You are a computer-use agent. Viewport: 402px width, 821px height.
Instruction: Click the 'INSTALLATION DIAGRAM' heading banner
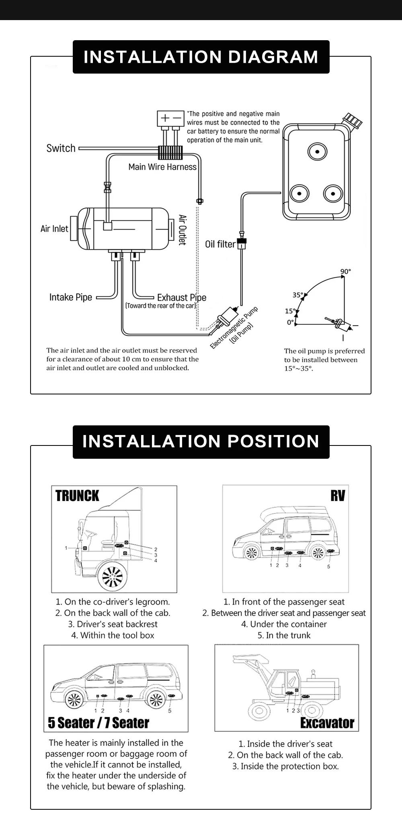[201, 57]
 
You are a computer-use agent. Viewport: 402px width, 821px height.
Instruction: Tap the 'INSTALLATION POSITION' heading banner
[201, 441]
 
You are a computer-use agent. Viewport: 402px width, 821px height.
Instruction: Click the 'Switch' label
[61, 148]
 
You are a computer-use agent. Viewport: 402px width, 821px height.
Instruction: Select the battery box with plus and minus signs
[170, 118]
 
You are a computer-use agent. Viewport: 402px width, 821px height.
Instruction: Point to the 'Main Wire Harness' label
[162, 167]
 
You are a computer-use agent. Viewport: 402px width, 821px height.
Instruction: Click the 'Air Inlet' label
[54, 229]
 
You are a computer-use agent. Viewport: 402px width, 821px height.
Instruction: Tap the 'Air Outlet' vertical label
[183, 230]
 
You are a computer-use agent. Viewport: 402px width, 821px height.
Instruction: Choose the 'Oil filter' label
[220, 244]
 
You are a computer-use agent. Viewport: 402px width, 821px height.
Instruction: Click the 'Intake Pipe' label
[71, 298]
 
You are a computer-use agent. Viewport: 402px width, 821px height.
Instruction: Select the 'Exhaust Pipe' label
[181, 298]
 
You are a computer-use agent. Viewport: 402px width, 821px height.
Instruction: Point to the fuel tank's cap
[353, 120]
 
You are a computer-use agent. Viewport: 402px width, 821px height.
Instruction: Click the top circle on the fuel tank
[317, 152]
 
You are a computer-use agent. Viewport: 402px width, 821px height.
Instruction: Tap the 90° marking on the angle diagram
[345, 271]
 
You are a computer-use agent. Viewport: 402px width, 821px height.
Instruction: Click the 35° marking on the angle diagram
[297, 295]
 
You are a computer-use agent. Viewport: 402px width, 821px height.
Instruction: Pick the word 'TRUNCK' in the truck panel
[77, 496]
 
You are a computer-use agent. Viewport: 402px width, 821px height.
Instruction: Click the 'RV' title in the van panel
[338, 495]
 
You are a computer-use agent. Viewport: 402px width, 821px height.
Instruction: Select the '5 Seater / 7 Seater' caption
[98, 722]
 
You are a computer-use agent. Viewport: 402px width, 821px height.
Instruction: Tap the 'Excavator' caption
[327, 723]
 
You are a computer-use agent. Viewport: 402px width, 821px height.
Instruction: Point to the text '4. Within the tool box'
[113, 635]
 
